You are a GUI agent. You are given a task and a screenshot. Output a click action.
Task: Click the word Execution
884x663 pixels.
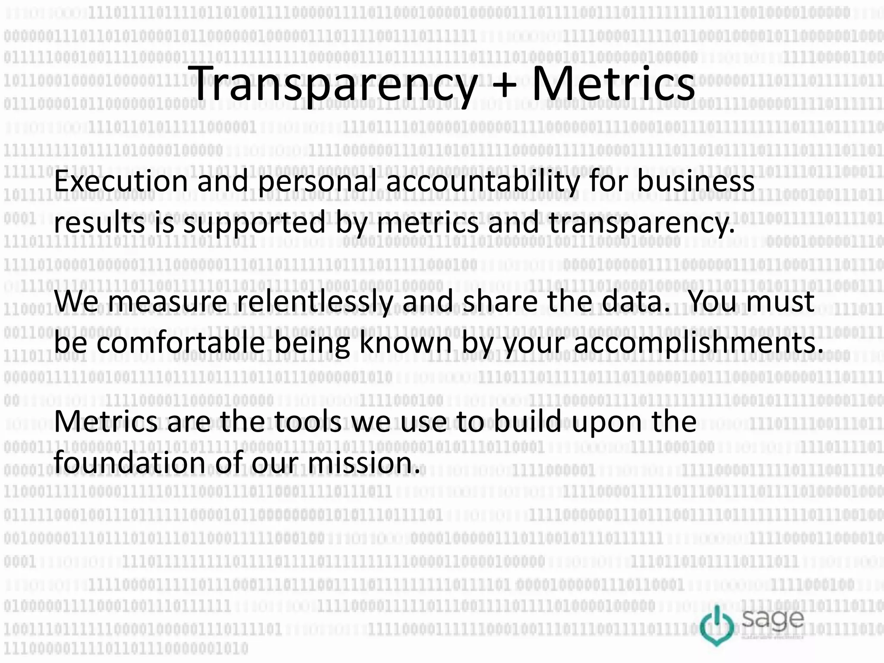pos(121,181)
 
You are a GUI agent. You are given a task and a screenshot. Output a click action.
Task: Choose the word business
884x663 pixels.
pos(695,181)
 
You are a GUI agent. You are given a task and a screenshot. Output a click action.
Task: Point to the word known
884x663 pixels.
pos(405,343)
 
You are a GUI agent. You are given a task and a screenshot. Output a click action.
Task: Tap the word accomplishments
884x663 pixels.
pos(699,344)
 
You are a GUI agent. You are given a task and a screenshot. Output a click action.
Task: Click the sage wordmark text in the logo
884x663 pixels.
pos(773,620)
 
